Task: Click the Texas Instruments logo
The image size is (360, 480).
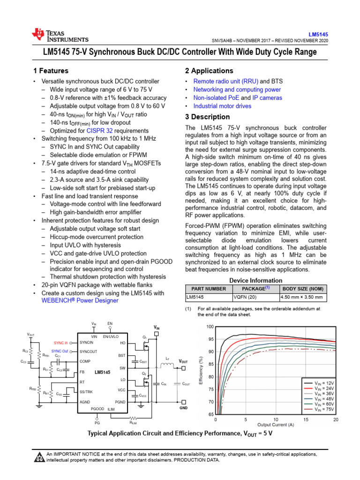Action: point(60,36)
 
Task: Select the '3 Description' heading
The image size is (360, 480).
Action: point(207,117)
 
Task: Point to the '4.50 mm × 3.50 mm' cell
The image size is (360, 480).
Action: point(302,297)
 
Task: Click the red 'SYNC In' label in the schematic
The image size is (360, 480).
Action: point(61,343)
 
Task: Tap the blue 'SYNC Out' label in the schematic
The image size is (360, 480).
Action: point(60,351)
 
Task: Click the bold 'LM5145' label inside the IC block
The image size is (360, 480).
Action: point(103,373)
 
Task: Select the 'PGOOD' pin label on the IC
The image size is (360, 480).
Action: point(97,409)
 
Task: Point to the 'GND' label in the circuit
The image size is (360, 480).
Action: point(183,408)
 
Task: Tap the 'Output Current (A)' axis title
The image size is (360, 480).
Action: point(276,425)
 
